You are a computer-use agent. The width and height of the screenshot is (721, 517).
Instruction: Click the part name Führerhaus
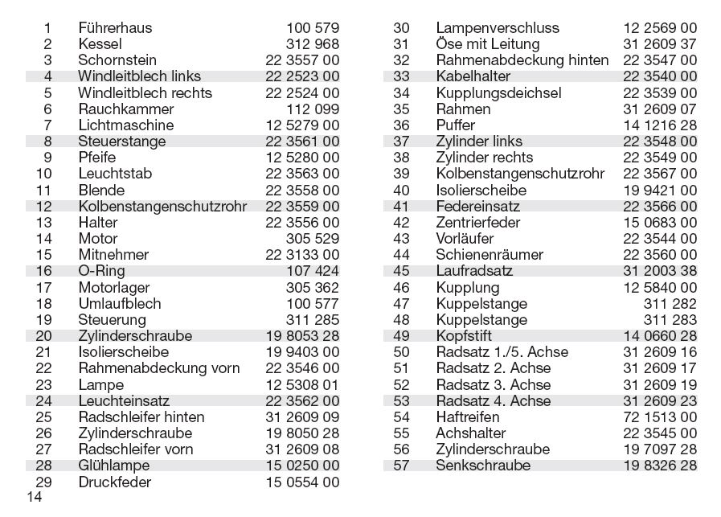(x=115, y=28)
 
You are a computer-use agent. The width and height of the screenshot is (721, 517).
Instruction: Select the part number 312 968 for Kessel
(x=312, y=44)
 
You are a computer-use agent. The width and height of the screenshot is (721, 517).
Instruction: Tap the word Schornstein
(x=117, y=60)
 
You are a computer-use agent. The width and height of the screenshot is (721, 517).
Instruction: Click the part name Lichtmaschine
(x=125, y=125)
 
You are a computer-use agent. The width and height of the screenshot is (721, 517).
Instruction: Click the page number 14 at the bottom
(x=34, y=498)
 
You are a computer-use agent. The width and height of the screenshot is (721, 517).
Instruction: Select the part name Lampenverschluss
(x=498, y=28)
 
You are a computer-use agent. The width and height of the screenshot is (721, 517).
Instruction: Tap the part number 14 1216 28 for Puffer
(x=660, y=125)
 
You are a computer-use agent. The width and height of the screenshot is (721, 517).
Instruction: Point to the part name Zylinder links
(x=479, y=142)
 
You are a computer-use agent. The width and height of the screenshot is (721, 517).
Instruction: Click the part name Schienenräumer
(x=490, y=255)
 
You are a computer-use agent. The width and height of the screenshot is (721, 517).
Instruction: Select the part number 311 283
(x=670, y=320)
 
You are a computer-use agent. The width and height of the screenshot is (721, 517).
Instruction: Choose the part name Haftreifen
(x=468, y=417)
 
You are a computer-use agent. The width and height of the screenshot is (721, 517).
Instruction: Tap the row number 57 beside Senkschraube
(x=401, y=466)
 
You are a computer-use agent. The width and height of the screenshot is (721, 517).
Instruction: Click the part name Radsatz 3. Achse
(x=494, y=384)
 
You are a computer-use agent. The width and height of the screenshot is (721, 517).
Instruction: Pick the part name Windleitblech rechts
(x=145, y=93)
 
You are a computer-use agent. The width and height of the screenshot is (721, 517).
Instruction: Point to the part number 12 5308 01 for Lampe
(x=301, y=384)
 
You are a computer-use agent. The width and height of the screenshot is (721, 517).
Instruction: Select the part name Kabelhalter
(x=473, y=76)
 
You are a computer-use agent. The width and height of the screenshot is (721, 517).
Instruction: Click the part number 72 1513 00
(x=660, y=417)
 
